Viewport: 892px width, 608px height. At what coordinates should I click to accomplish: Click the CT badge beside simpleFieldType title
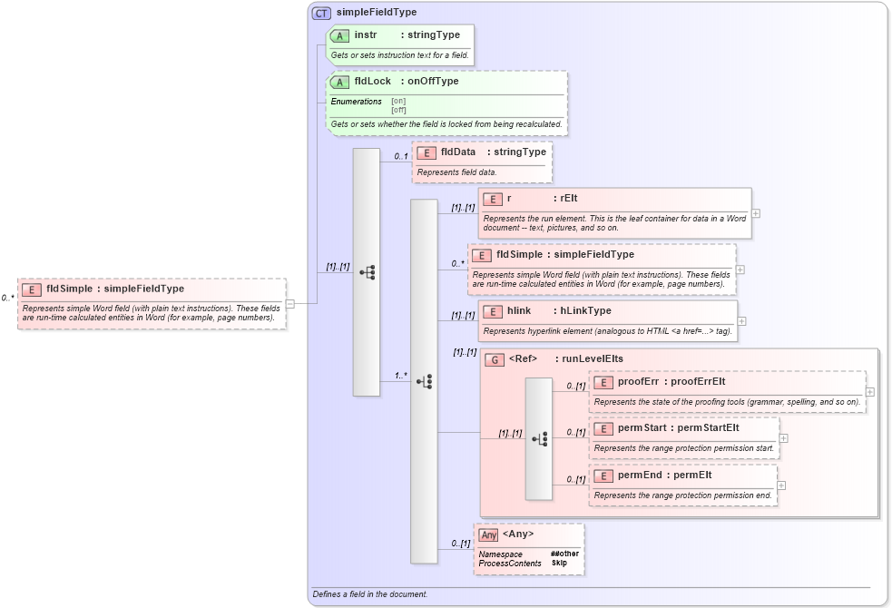click(x=321, y=13)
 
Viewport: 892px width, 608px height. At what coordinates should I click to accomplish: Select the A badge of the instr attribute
click(x=339, y=35)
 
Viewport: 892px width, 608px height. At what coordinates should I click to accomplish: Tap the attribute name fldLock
click(x=372, y=82)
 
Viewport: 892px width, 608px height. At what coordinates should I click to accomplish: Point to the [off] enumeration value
click(x=398, y=110)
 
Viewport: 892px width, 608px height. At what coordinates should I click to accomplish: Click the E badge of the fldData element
click(x=426, y=152)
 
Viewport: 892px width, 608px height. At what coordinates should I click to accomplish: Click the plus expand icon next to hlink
click(x=742, y=320)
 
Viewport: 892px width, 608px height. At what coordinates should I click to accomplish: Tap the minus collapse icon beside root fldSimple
click(x=289, y=304)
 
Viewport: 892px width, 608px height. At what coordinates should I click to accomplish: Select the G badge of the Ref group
click(x=495, y=359)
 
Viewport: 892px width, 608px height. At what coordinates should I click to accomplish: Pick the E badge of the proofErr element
click(x=603, y=382)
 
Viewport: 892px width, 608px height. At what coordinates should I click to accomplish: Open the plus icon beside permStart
click(x=783, y=437)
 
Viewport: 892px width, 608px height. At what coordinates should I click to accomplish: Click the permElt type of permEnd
click(x=691, y=475)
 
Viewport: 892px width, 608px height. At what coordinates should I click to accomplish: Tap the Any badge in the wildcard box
click(x=488, y=534)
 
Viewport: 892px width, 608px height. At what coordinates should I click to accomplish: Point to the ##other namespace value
click(x=564, y=554)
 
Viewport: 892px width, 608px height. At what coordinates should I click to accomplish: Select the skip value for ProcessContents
click(x=559, y=564)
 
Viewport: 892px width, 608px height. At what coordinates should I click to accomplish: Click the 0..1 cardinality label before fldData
click(x=400, y=156)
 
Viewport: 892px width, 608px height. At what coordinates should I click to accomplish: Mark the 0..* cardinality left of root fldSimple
click(x=7, y=298)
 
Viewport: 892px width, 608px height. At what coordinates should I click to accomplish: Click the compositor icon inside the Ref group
click(x=539, y=439)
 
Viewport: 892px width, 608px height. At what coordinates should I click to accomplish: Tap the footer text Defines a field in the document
click(x=369, y=594)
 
